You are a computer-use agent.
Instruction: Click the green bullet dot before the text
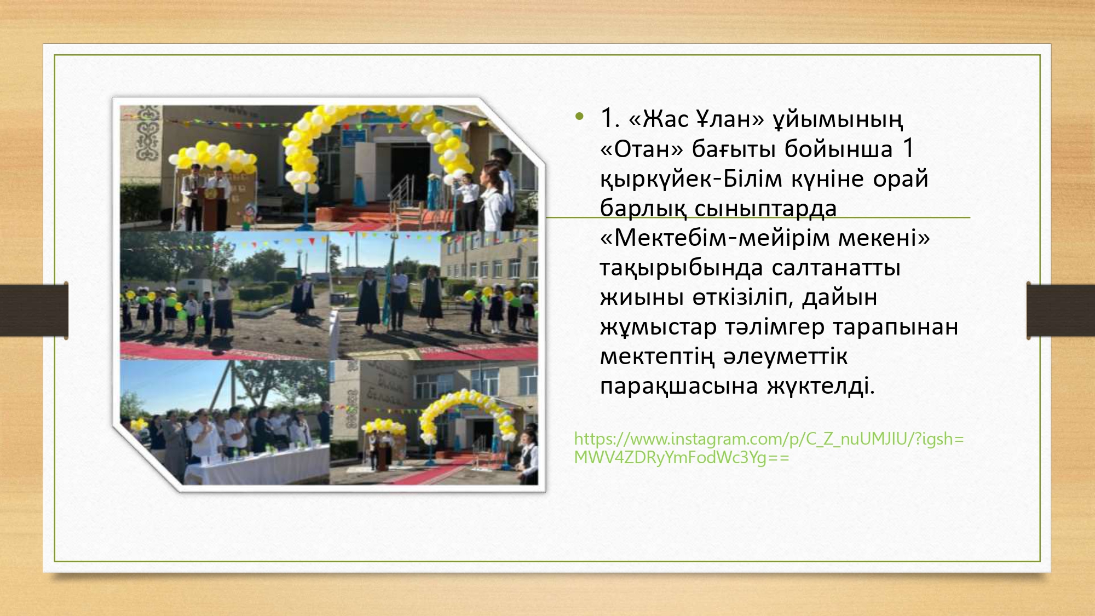[579, 116]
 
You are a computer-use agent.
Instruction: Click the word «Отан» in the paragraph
[642, 149]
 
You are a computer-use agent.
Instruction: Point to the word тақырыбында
[682, 268]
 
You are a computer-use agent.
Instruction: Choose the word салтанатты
[836, 268]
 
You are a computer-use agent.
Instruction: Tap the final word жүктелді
[821, 387]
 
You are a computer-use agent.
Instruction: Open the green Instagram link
[769, 448]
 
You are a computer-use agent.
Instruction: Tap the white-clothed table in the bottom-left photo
[257, 465]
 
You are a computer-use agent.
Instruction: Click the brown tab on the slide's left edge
[34, 310]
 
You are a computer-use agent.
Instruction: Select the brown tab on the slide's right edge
[1061, 310]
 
